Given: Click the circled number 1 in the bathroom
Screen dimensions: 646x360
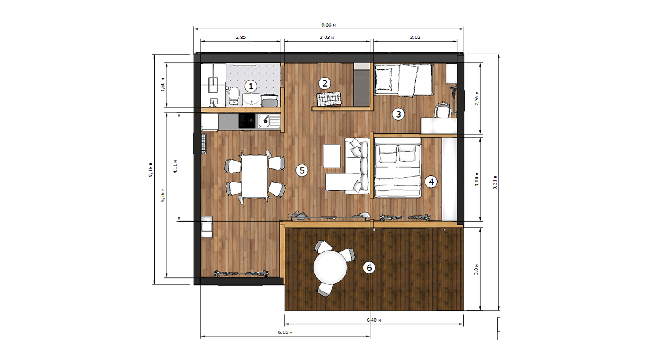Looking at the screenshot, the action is pos(251,86).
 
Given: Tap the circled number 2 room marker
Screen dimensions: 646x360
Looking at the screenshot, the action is pos(325,83).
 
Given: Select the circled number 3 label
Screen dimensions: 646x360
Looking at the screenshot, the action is pos(398,114).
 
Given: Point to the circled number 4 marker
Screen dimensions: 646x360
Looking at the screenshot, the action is pos(431,182).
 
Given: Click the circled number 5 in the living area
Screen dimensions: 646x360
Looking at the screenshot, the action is pos(302,170).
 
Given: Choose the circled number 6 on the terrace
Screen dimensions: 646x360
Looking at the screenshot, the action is pos(369,267).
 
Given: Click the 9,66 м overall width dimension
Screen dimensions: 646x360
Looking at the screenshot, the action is pos(329,25).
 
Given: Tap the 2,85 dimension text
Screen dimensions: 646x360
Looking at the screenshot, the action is pos(241,37).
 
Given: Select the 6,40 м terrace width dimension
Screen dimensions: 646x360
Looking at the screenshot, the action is pos(374,320).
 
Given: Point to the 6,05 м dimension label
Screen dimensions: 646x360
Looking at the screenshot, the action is pos(285,332).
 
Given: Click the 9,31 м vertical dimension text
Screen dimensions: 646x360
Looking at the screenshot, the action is pos(495,182).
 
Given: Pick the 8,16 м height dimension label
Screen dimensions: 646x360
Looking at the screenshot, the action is pos(150,170).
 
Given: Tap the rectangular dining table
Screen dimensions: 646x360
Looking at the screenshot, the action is pos(254,177).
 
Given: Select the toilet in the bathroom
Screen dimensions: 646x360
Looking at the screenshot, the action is pos(234,96).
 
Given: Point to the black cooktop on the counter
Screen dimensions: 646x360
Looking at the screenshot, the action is pos(247,121).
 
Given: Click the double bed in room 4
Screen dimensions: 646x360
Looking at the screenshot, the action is pos(398,168).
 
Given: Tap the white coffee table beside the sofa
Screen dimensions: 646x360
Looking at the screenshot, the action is pos(332,156).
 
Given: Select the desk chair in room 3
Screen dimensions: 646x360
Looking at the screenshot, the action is pos(443,109).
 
